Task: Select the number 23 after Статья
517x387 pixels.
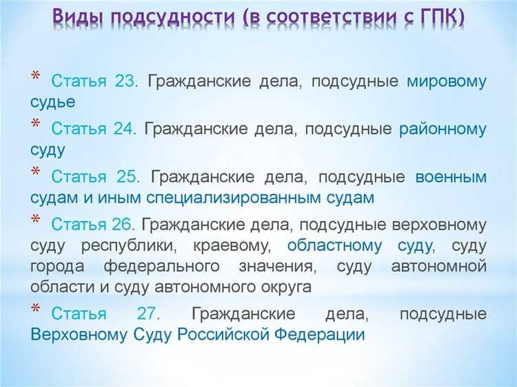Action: point(125,81)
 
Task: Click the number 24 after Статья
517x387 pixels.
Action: point(125,129)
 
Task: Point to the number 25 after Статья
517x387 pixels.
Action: point(127,177)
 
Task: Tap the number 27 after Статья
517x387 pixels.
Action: point(148,314)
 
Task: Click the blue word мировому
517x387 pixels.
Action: point(446,81)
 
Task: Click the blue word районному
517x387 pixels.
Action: point(443,129)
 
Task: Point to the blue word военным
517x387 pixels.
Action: point(451,177)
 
